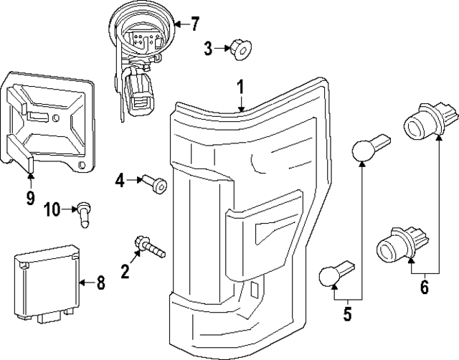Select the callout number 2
[125, 270]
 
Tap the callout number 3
[207, 49]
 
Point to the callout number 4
[120, 181]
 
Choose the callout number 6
[424, 288]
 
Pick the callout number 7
[195, 24]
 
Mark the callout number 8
[100, 283]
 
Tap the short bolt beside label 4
[156, 184]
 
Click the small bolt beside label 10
[85, 212]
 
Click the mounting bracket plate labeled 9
[49, 120]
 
